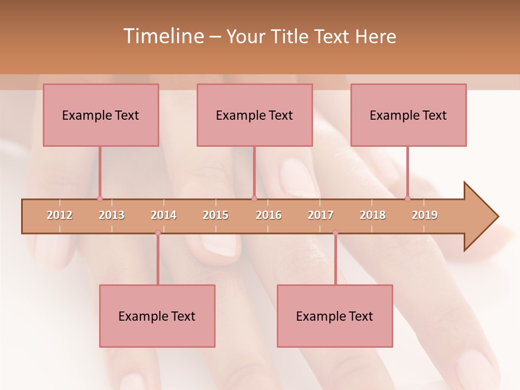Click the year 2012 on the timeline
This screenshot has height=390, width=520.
[x=60, y=215]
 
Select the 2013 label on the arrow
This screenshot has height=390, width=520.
[x=112, y=215]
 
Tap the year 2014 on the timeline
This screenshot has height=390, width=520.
[x=164, y=215]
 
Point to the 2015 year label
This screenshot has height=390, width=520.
[x=216, y=215]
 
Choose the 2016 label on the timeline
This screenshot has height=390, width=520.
[x=269, y=215]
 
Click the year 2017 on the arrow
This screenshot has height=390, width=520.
[x=321, y=215]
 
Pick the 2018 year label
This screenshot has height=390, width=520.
[x=373, y=215]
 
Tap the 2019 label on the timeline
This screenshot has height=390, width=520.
[x=425, y=215]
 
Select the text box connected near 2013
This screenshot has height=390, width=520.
[x=101, y=115]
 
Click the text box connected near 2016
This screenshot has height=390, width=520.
[x=255, y=115]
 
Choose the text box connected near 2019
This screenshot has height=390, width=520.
[x=408, y=115]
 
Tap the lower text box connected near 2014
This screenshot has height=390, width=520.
[x=157, y=316]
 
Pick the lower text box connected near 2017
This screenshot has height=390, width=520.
[x=335, y=316]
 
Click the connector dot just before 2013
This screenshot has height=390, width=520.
[x=100, y=198]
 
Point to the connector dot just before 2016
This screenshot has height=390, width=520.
[x=254, y=198]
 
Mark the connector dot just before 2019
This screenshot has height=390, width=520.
[x=407, y=198]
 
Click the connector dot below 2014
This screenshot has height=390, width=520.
[x=158, y=233]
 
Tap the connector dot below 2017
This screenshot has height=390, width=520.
[x=335, y=233]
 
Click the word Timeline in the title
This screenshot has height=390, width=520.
[x=162, y=36]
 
